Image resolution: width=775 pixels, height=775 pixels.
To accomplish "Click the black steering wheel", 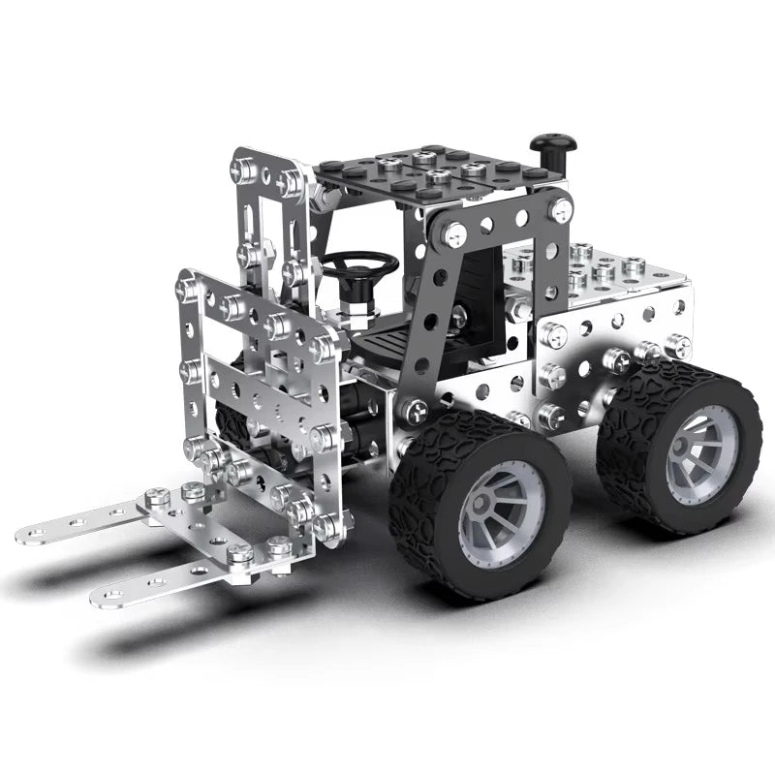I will [x=359, y=263].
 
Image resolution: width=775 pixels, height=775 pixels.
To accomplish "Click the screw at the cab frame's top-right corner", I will [x=559, y=209].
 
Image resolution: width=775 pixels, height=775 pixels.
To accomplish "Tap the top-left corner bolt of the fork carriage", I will [x=187, y=287].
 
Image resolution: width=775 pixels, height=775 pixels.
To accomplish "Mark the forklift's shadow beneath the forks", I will [x=194, y=639].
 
